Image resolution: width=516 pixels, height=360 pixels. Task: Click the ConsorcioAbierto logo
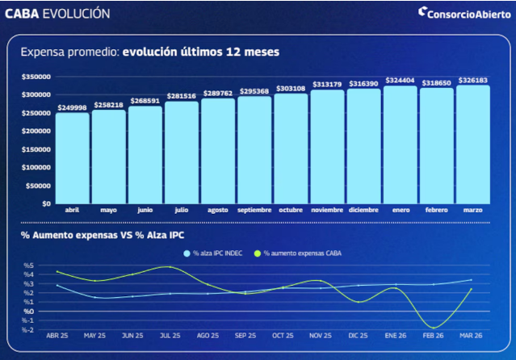coord(463,13)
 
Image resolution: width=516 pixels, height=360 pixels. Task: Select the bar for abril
coord(73,157)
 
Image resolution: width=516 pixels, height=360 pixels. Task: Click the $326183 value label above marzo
coord(472,80)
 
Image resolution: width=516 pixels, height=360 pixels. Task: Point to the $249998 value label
coord(73,107)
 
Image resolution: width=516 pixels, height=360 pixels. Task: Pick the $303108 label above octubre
coord(291,88)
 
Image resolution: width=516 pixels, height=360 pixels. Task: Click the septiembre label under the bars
coord(254,210)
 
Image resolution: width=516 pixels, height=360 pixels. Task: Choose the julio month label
coord(182,210)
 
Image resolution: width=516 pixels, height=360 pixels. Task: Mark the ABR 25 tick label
coord(57,335)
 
